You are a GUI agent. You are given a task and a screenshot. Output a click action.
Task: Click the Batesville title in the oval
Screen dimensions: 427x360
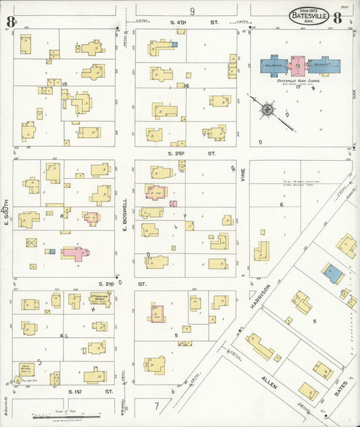click(x=309, y=15)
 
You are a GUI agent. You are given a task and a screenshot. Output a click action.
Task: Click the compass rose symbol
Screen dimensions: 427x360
click(x=267, y=109)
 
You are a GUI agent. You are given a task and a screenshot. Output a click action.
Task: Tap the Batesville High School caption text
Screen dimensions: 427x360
click(x=295, y=80)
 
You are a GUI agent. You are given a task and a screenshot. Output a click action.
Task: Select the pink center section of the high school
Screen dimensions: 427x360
click(x=296, y=66)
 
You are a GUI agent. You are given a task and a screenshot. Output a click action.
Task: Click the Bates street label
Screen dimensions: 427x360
click(x=340, y=388)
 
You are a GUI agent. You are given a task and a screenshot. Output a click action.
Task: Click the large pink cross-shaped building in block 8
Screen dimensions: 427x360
click(x=76, y=253)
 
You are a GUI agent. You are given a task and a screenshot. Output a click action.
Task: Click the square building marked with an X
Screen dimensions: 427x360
click(x=31, y=242)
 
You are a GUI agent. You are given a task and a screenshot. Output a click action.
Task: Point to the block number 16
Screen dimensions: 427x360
click(x=186, y=86)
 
